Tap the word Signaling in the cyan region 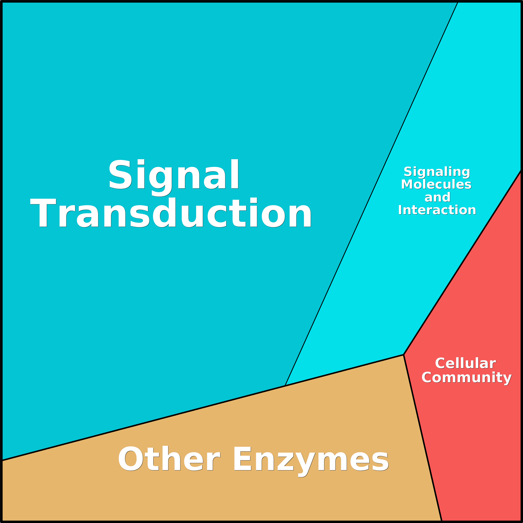(437, 172)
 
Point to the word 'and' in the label (437, 197)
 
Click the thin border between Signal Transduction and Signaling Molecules (371, 194)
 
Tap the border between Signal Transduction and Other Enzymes (143, 423)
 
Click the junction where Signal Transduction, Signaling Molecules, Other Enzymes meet (285, 386)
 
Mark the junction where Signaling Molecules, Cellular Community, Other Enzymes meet (403, 355)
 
